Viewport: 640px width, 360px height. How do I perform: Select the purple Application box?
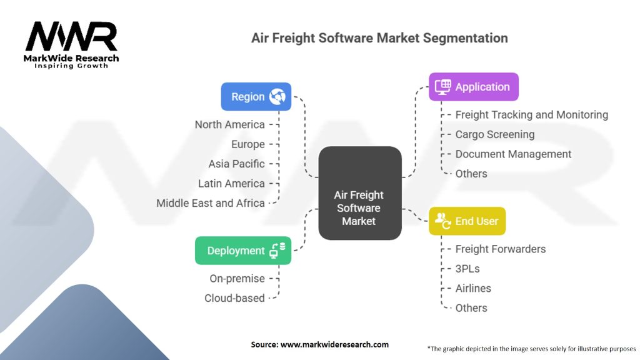click(x=473, y=87)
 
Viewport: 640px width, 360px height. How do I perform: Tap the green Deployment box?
click(x=242, y=251)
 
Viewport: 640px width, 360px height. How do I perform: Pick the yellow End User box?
click(x=467, y=221)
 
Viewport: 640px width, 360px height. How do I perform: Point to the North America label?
click(x=229, y=124)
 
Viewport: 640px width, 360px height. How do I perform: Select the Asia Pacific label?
click(x=236, y=164)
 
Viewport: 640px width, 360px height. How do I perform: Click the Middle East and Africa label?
click(x=211, y=203)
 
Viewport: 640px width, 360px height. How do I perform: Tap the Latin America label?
click(x=231, y=184)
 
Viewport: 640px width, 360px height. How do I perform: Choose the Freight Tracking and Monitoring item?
click(x=531, y=115)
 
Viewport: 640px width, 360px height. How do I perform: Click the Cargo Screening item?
click(x=495, y=134)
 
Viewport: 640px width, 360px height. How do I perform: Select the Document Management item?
click(x=513, y=154)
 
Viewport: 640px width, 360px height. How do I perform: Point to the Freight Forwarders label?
click(x=500, y=249)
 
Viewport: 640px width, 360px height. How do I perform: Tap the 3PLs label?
click(x=467, y=269)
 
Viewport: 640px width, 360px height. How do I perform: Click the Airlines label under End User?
click(x=473, y=288)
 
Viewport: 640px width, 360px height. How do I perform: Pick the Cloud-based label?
click(x=234, y=298)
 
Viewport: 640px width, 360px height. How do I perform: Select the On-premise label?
click(x=237, y=278)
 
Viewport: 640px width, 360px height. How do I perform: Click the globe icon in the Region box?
click(x=277, y=97)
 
